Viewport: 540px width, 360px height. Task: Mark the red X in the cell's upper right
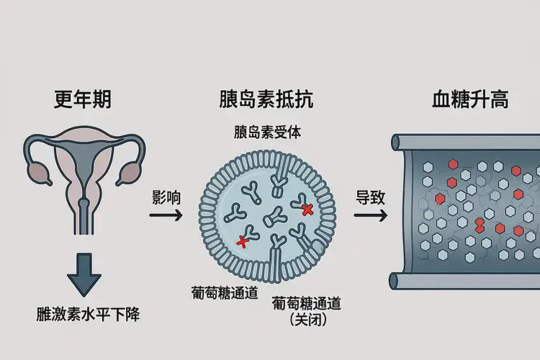pyautogui.click(x=307, y=210)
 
